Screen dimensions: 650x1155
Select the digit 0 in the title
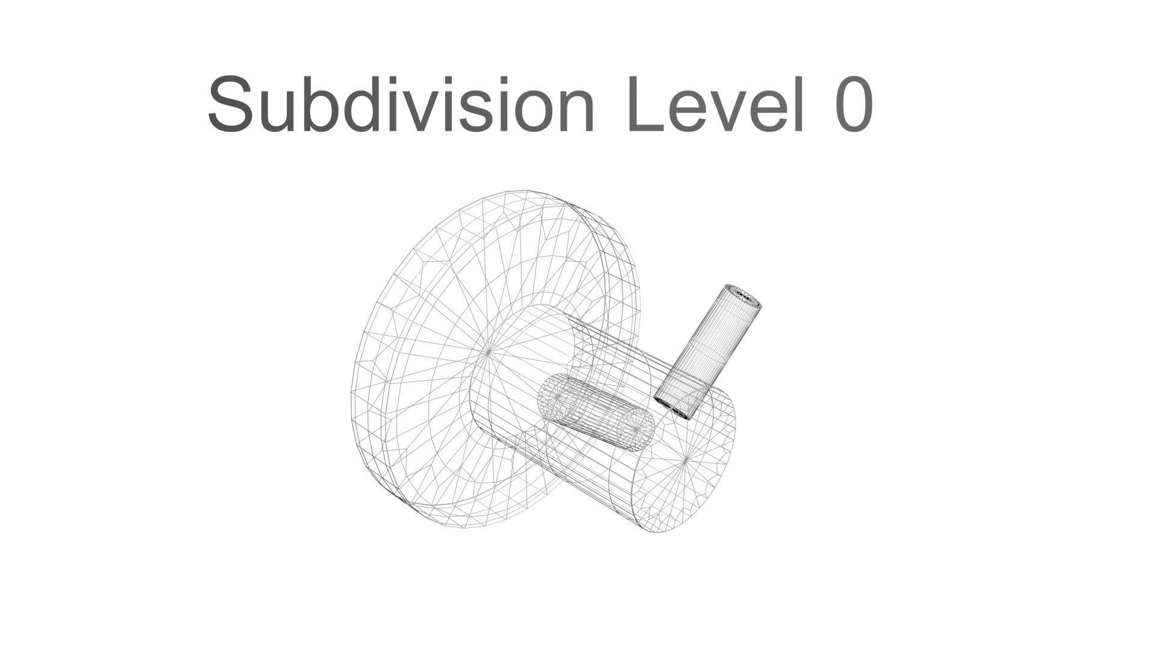point(854,105)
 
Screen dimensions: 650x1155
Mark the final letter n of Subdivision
point(574,111)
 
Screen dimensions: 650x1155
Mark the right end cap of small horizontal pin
point(637,429)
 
